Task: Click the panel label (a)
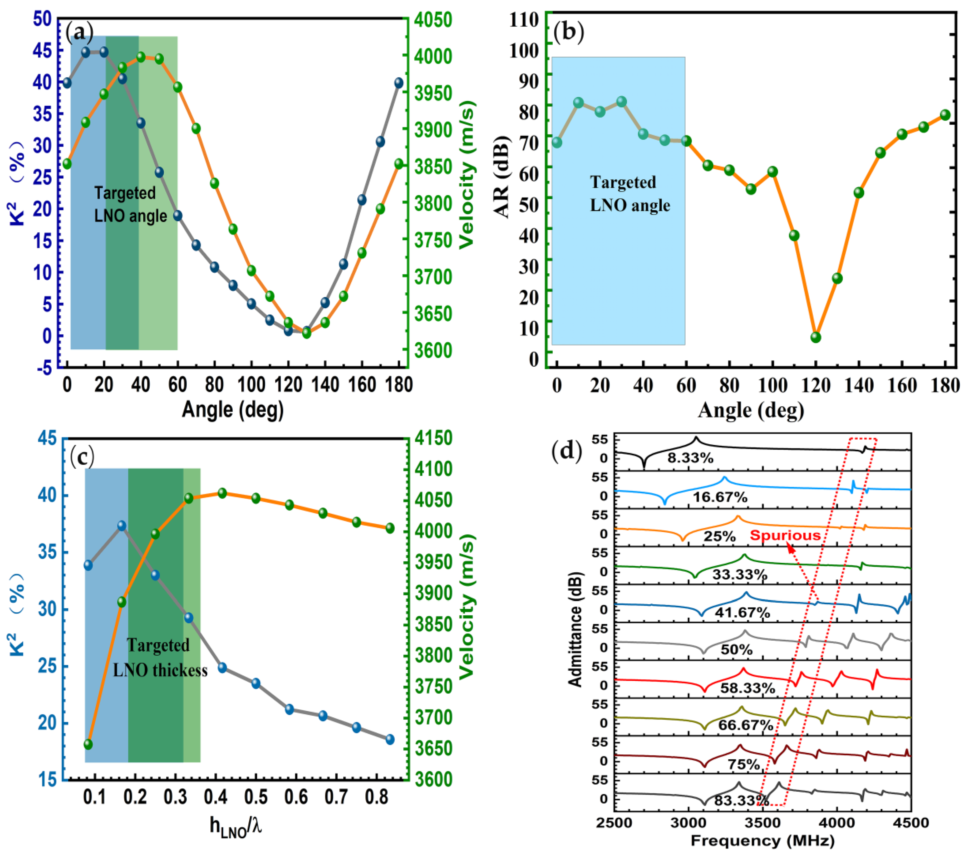[79, 32]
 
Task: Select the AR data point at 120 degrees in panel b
[815, 337]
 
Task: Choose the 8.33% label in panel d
[690, 458]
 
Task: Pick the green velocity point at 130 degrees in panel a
[306, 333]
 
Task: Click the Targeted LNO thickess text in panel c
[160, 658]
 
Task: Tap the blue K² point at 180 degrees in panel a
[399, 83]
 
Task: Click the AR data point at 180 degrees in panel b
[945, 115]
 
